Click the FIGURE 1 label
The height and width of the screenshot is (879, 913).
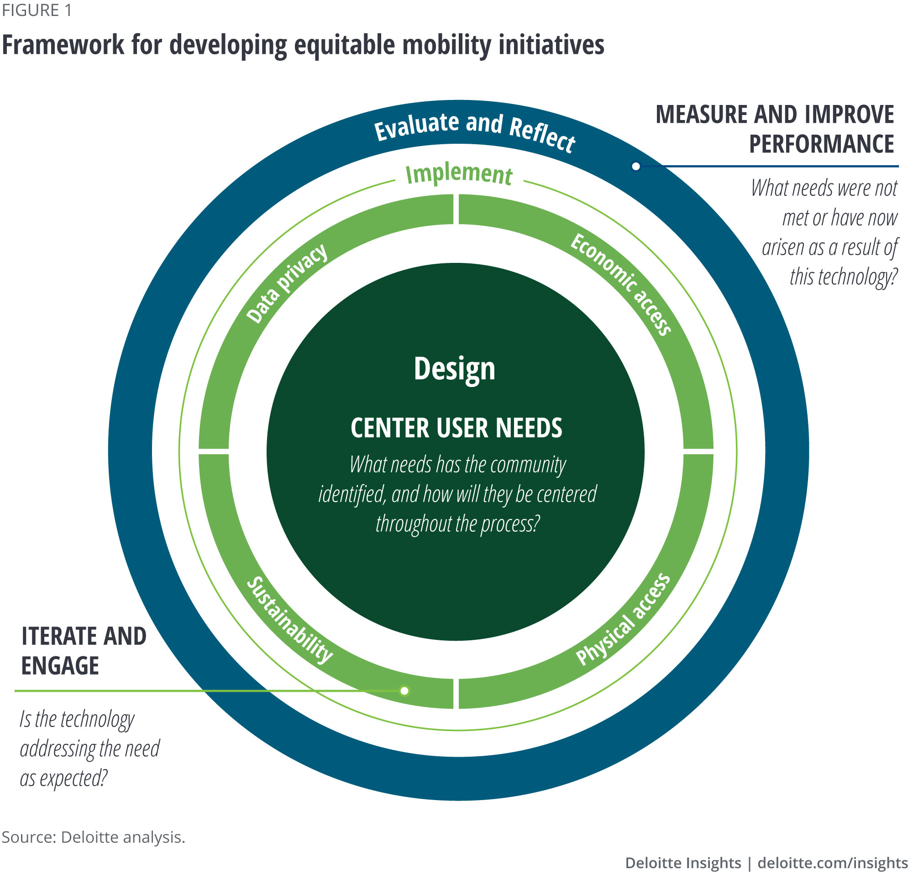37,10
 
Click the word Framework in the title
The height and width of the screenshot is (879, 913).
63,45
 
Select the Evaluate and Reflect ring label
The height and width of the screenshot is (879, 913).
474,131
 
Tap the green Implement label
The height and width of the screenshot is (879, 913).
459,174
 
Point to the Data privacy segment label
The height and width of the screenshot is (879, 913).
287,283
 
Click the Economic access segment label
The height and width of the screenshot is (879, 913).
621,284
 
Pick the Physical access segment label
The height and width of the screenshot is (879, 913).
623,619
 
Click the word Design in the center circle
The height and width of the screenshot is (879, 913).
454,368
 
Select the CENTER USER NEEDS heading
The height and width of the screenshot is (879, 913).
456,428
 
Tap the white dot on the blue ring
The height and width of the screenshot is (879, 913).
636,166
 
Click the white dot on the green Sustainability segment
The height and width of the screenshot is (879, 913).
404,691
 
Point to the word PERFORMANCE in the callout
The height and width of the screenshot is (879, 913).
821,144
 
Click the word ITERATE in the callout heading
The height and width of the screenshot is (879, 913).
58,636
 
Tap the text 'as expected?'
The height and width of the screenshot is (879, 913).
64,778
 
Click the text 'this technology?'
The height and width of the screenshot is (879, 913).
843,277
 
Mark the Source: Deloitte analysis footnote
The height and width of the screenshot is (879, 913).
93,837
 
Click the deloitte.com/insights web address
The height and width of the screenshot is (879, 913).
832,863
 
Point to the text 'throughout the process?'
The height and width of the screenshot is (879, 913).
457,523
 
